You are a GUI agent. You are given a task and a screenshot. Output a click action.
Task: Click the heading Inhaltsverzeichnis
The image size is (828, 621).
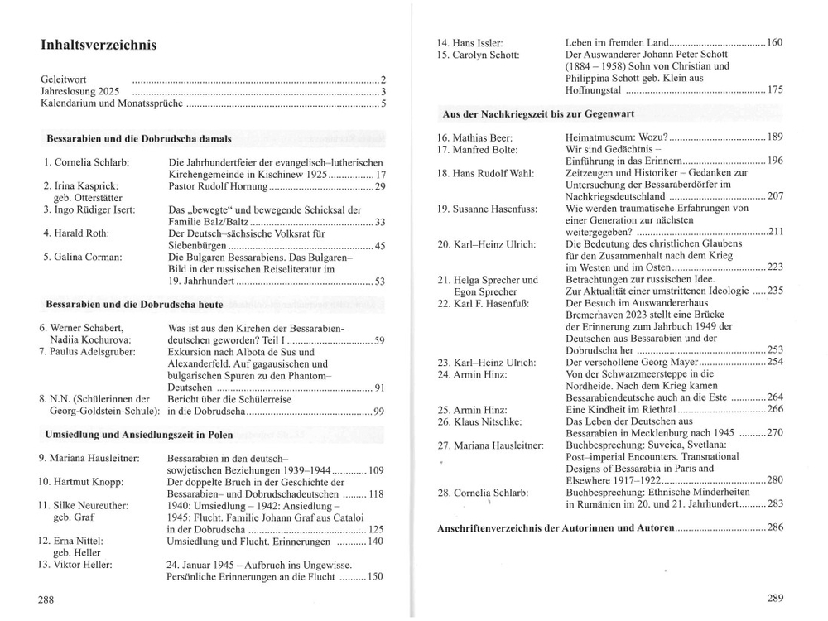tap(99, 46)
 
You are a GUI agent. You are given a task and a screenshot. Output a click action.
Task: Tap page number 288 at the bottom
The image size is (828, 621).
tap(46, 599)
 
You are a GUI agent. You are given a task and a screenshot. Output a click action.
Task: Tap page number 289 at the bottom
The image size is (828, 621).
tap(775, 599)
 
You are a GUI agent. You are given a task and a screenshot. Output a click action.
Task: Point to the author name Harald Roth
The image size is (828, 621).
tap(85, 233)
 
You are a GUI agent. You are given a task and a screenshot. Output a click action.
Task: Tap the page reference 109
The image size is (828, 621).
tap(375, 470)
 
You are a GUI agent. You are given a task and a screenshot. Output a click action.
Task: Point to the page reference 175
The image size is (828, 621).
tap(775, 90)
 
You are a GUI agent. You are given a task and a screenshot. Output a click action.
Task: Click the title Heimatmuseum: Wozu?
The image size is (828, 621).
tap(615, 137)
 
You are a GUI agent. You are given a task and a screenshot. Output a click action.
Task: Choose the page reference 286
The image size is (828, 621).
tap(775, 527)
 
